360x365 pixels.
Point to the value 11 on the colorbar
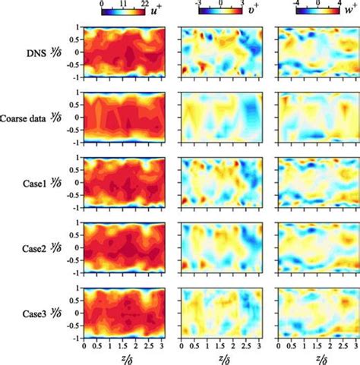tap(122, 4)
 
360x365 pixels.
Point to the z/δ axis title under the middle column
tap(219, 358)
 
